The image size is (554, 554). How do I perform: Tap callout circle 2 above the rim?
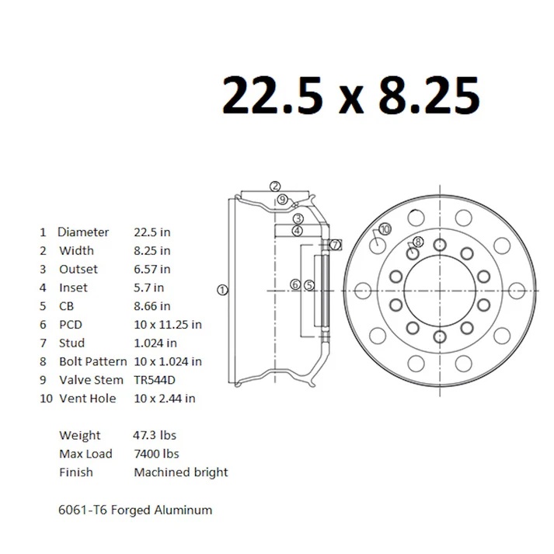[275, 186]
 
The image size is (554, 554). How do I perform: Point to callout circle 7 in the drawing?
[335, 245]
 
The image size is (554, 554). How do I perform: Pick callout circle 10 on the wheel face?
[384, 228]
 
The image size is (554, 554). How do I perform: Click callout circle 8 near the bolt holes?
[418, 242]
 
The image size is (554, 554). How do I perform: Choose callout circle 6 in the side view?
[295, 285]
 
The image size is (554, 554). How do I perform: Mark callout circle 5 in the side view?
[308, 285]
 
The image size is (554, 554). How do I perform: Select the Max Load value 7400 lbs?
[156, 454]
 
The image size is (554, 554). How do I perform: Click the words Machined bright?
[181, 472]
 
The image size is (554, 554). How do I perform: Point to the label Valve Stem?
[91, 380]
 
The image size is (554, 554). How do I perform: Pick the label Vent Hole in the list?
[88, 399]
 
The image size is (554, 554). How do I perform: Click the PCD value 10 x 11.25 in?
[168, 325]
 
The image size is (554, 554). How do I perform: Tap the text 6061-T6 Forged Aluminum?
[135, 510]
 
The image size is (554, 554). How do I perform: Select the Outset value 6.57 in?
[152, 269]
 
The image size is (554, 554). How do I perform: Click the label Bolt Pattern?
[92, 361]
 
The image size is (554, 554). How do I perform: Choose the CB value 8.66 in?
[152, 306]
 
